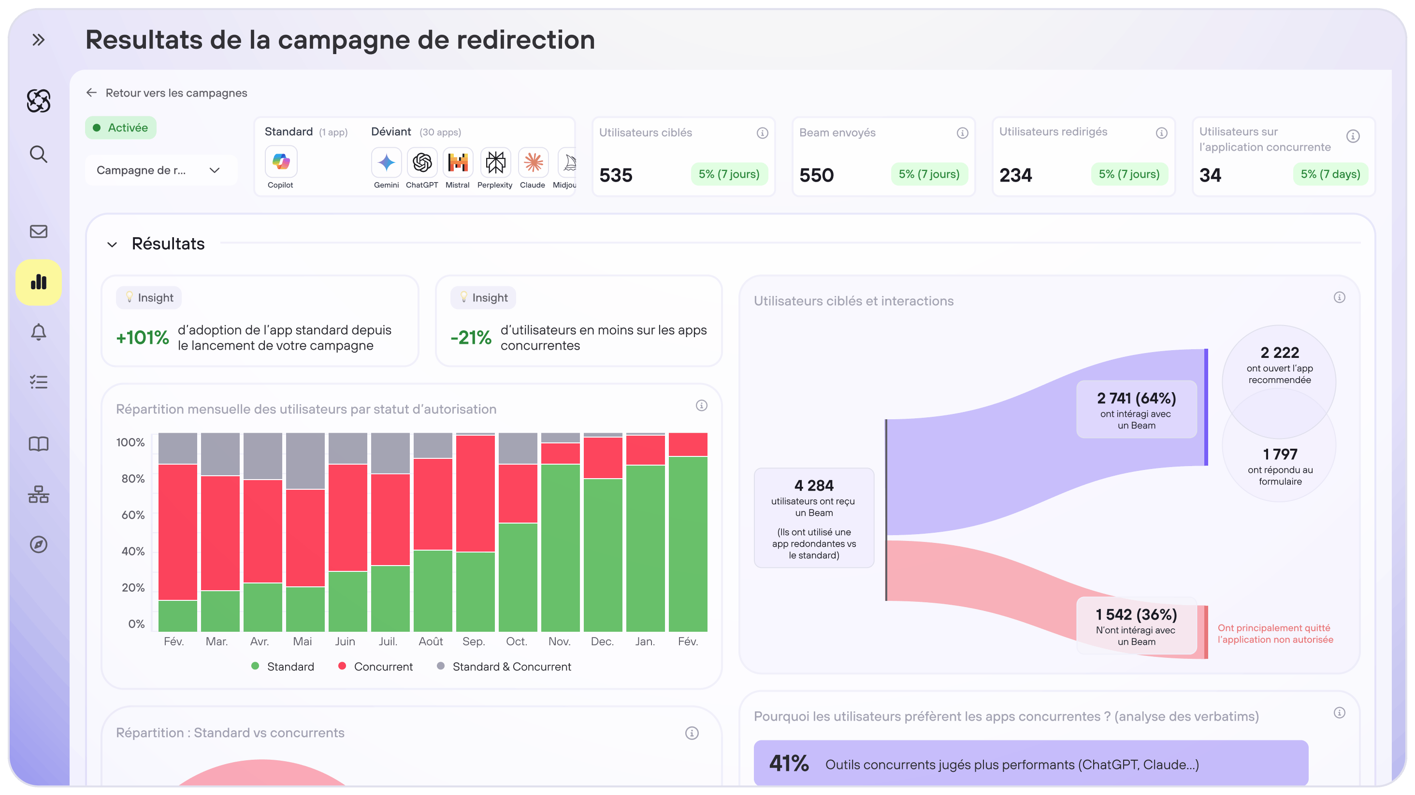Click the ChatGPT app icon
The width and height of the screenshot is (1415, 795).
pyautogui.click(x=422, y=162)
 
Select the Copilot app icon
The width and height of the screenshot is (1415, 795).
pyautogui.click(x=281, y=162)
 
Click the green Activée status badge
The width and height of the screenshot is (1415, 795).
pyautogui.click(x=121, y=128)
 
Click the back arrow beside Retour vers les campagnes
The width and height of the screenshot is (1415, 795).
pyautogui.click(x=91, y=93)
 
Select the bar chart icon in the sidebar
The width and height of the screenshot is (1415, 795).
pyautogui.click(x=39, y=282)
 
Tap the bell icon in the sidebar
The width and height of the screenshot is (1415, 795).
pyautogui.click(x=39, y=332)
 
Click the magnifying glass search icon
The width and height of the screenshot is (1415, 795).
pyautogui.click(x=39, y=154)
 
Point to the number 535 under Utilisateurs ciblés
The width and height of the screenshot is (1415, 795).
pyautogui.click(x=616, y=175)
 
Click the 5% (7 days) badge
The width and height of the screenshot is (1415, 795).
pyautogui.click(x=1330, y=174)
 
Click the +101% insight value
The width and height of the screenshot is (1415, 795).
pyautogui.click(x=142, y=338)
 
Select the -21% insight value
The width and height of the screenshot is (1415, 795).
pyautogui.click(x=471, y=338)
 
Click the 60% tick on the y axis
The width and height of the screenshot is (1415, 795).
pyautogui.click(x=133, y=515)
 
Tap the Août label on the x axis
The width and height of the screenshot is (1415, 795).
pyautogui.click(x=431, y=641)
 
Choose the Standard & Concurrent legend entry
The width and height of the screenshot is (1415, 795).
pyautogui.click(x=511, y=667)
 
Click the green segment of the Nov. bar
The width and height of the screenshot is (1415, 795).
pyautogui.click(x=560, y=547)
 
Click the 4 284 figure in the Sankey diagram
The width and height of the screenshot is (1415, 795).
pyautogui.click(x=813, y=485)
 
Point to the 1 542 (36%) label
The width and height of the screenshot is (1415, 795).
pyautogui.click(x=1136, y=614)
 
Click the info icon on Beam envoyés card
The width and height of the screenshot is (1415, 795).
pyautogui.click(x=962, y=133)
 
